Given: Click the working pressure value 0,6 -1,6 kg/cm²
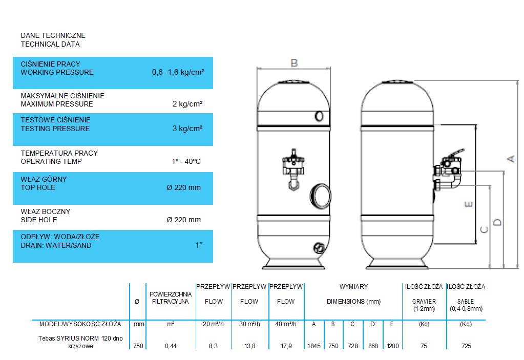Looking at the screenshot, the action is pos(178,72).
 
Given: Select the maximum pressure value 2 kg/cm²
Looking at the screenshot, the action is pos(187,104).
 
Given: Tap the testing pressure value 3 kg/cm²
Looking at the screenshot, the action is pos(187,128).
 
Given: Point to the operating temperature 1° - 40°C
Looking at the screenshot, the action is pos(186,161).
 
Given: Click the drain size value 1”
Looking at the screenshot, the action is pos(199,245).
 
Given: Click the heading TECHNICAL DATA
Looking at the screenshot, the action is pos(50,44).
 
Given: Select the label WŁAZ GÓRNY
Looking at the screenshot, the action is pos(44,179).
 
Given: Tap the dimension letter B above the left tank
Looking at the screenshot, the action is pos(294,63).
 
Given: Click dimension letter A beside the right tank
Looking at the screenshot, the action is pos(511,159).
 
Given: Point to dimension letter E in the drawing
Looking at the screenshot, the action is pos(469,204).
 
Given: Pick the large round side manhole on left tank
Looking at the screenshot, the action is pos(320,196).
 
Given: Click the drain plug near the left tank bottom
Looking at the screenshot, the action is pos(319,248).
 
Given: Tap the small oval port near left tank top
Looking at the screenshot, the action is pos(319,116).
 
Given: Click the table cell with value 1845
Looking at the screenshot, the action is pos(314,346).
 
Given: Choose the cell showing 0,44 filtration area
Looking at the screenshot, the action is pos(171,346).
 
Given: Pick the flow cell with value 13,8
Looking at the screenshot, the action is pos(249,346).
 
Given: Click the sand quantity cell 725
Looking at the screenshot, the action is pos(466,346).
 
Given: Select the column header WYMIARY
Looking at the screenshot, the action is pos(353,287).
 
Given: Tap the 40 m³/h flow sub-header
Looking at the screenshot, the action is pos(286,324).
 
